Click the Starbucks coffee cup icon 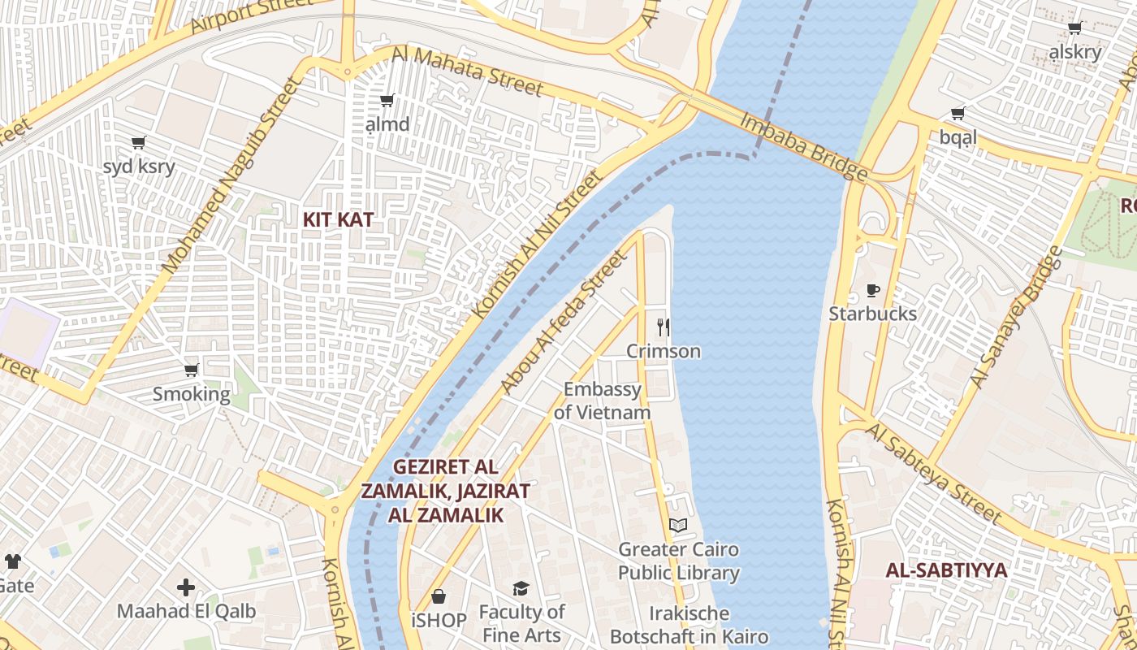click(873, 290)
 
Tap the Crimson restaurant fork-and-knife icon click(664, 327)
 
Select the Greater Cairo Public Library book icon click(678, 526)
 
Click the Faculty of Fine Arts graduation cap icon click(521, 588)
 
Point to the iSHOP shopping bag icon click(439, 597)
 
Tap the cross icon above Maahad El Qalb click(186, 587)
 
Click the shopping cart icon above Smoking click(192, 370)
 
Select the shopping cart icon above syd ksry click(139, 143)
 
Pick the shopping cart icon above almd click(387, 101)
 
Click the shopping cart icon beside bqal click(958, 114)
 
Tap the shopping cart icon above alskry click(1075, 28)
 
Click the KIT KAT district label click(338, 219)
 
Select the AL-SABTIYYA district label click(946, 570)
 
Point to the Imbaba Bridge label click(802, 146)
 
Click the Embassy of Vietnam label click(603, 401)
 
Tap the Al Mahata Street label click(466, 71)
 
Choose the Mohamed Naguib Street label click(220, 175)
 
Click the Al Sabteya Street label click(934, 471)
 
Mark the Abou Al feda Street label click(564, 323)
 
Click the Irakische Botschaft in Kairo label click(689, 625)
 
